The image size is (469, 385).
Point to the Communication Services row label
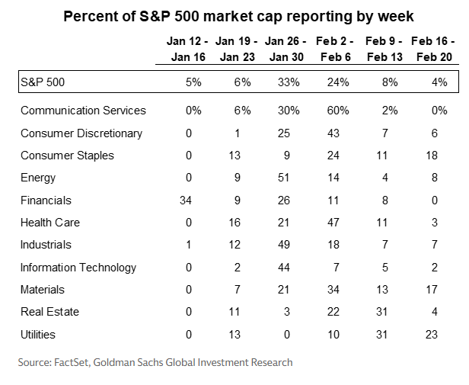pyautogui.click(x=83, y=111)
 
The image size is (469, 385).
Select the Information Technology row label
pyautogui.click(x=78, y=268)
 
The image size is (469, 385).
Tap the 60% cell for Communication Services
pyautogui.click(x=338, y=111)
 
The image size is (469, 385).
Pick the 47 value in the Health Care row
pyautogui.click(x=342, y=223)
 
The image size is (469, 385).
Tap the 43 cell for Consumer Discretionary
pyautogui.click(x=342, y=133)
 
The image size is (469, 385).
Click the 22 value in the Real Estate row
pyautogui.click(x=342, y=312)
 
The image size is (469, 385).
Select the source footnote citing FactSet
pyautogui.click(x=155, y=363)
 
